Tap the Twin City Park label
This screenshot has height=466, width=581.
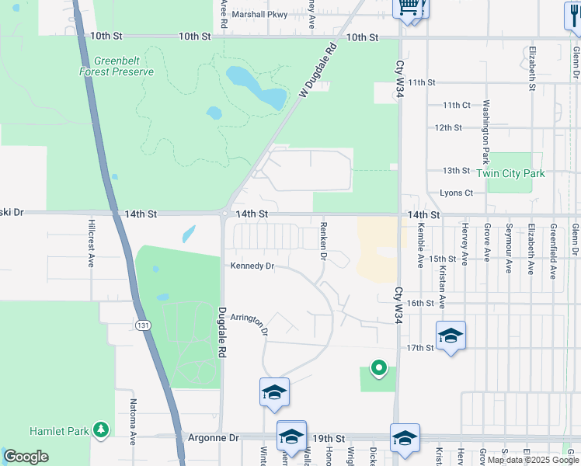(510, 173)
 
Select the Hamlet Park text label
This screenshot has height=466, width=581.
(58, 430)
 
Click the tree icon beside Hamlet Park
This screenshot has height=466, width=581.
(100, 429)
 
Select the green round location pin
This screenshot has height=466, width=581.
(378, 367)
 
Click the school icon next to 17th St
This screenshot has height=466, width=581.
(451, 336)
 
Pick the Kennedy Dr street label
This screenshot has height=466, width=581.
(252, 266)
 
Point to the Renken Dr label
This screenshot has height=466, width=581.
(322, 240)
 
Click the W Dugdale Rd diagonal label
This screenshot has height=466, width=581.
(318, 71)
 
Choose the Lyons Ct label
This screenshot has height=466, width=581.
(456, 193)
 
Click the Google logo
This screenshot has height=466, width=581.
(26, 457)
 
